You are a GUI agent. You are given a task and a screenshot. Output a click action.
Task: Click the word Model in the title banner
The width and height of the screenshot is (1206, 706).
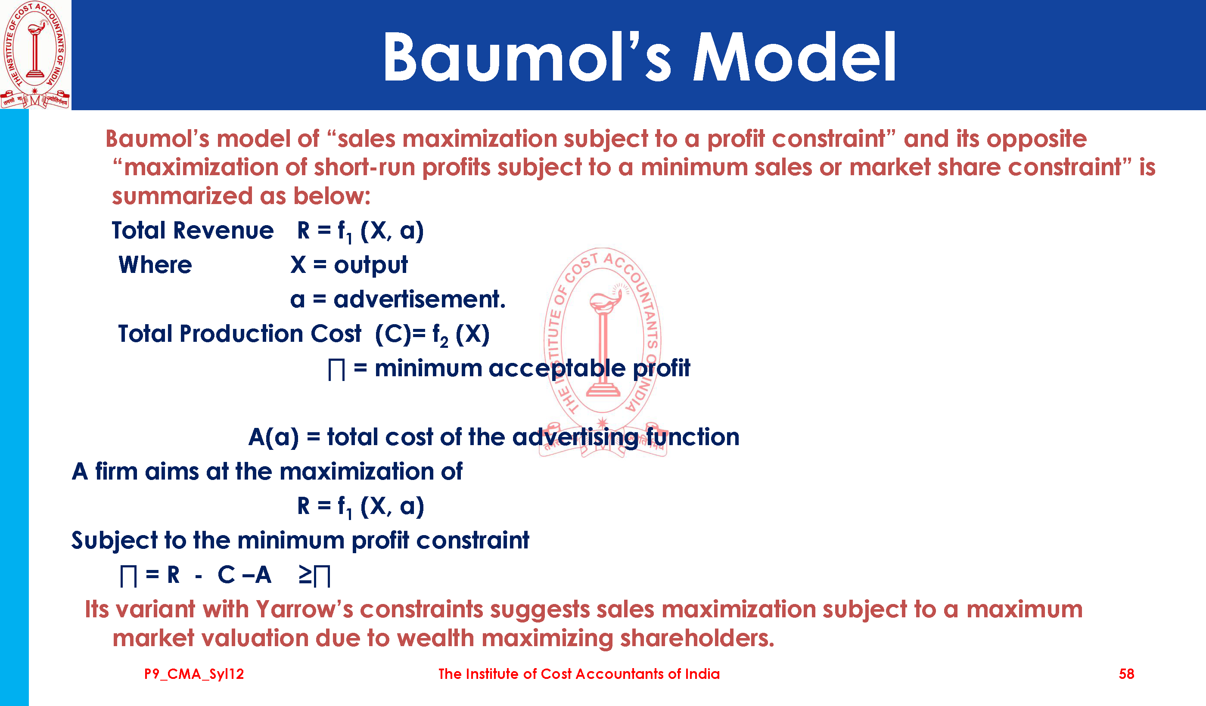(x=794, y=56)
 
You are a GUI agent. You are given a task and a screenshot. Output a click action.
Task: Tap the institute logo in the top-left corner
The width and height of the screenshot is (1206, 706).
(x=35, y=55)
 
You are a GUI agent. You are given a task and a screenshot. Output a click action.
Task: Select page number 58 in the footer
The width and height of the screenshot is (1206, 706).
(x=1127, y=674)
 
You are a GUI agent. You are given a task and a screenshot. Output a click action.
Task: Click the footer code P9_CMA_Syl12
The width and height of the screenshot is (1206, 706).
(x=194, y=675)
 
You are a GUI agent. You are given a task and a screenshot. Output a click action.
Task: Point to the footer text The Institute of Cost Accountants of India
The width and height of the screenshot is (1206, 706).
(x=579, y=674)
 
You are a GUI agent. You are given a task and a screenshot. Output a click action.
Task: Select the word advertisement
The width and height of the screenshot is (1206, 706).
(x=419, y=300)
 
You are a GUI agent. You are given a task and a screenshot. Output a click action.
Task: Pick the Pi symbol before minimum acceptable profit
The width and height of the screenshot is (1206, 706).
(x=336, y=370)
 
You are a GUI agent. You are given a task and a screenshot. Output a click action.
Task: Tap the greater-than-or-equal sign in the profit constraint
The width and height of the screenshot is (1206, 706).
(x=305, y=575)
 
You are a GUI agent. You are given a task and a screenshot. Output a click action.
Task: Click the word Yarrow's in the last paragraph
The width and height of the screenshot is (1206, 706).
(x=305, y=610)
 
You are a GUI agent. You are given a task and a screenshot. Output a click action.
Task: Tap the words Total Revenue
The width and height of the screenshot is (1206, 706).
(x=193, y=231)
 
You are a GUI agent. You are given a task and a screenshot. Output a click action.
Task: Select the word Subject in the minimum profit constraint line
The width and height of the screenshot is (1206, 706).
(x=114, y=541)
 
